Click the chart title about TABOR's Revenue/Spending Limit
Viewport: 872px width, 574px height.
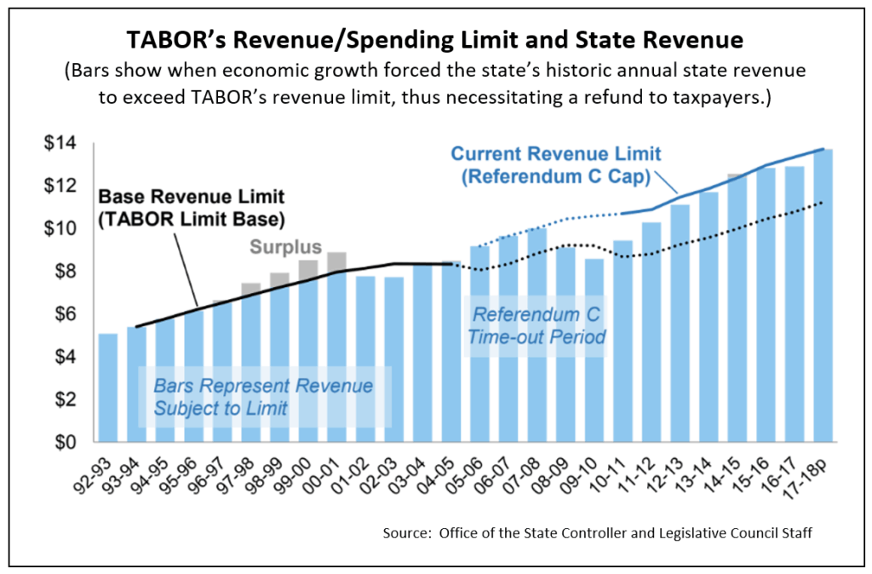coord(435,40)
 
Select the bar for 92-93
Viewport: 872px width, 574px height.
coord(108,387)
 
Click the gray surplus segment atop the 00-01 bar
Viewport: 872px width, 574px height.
coord(336,261)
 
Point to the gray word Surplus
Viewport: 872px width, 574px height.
coord(285,248)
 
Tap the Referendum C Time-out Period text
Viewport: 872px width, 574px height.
coord(536,326)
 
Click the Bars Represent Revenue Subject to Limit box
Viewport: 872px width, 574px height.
coord(263,397)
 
